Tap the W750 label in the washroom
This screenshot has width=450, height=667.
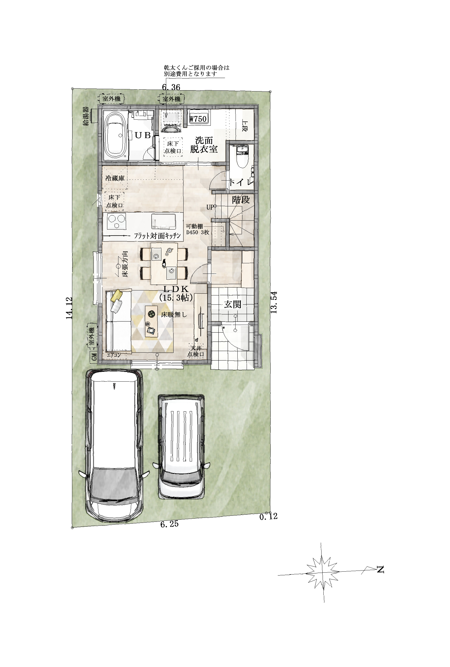point(198,118)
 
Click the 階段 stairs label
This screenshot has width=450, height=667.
point(241,199)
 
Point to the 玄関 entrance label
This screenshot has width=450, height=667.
point(232,304)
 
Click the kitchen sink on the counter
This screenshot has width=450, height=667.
point(163,221)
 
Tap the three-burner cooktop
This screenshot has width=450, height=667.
point(117,221)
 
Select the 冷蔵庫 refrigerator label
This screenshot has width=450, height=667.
point(115,178)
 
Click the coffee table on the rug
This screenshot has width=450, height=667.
point(151,321)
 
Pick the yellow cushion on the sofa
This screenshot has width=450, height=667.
point(117,295)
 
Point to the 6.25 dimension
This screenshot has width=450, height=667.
point(169,524)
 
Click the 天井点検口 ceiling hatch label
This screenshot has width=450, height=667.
point(196,351)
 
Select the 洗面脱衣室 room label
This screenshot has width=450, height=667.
point(204,145)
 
